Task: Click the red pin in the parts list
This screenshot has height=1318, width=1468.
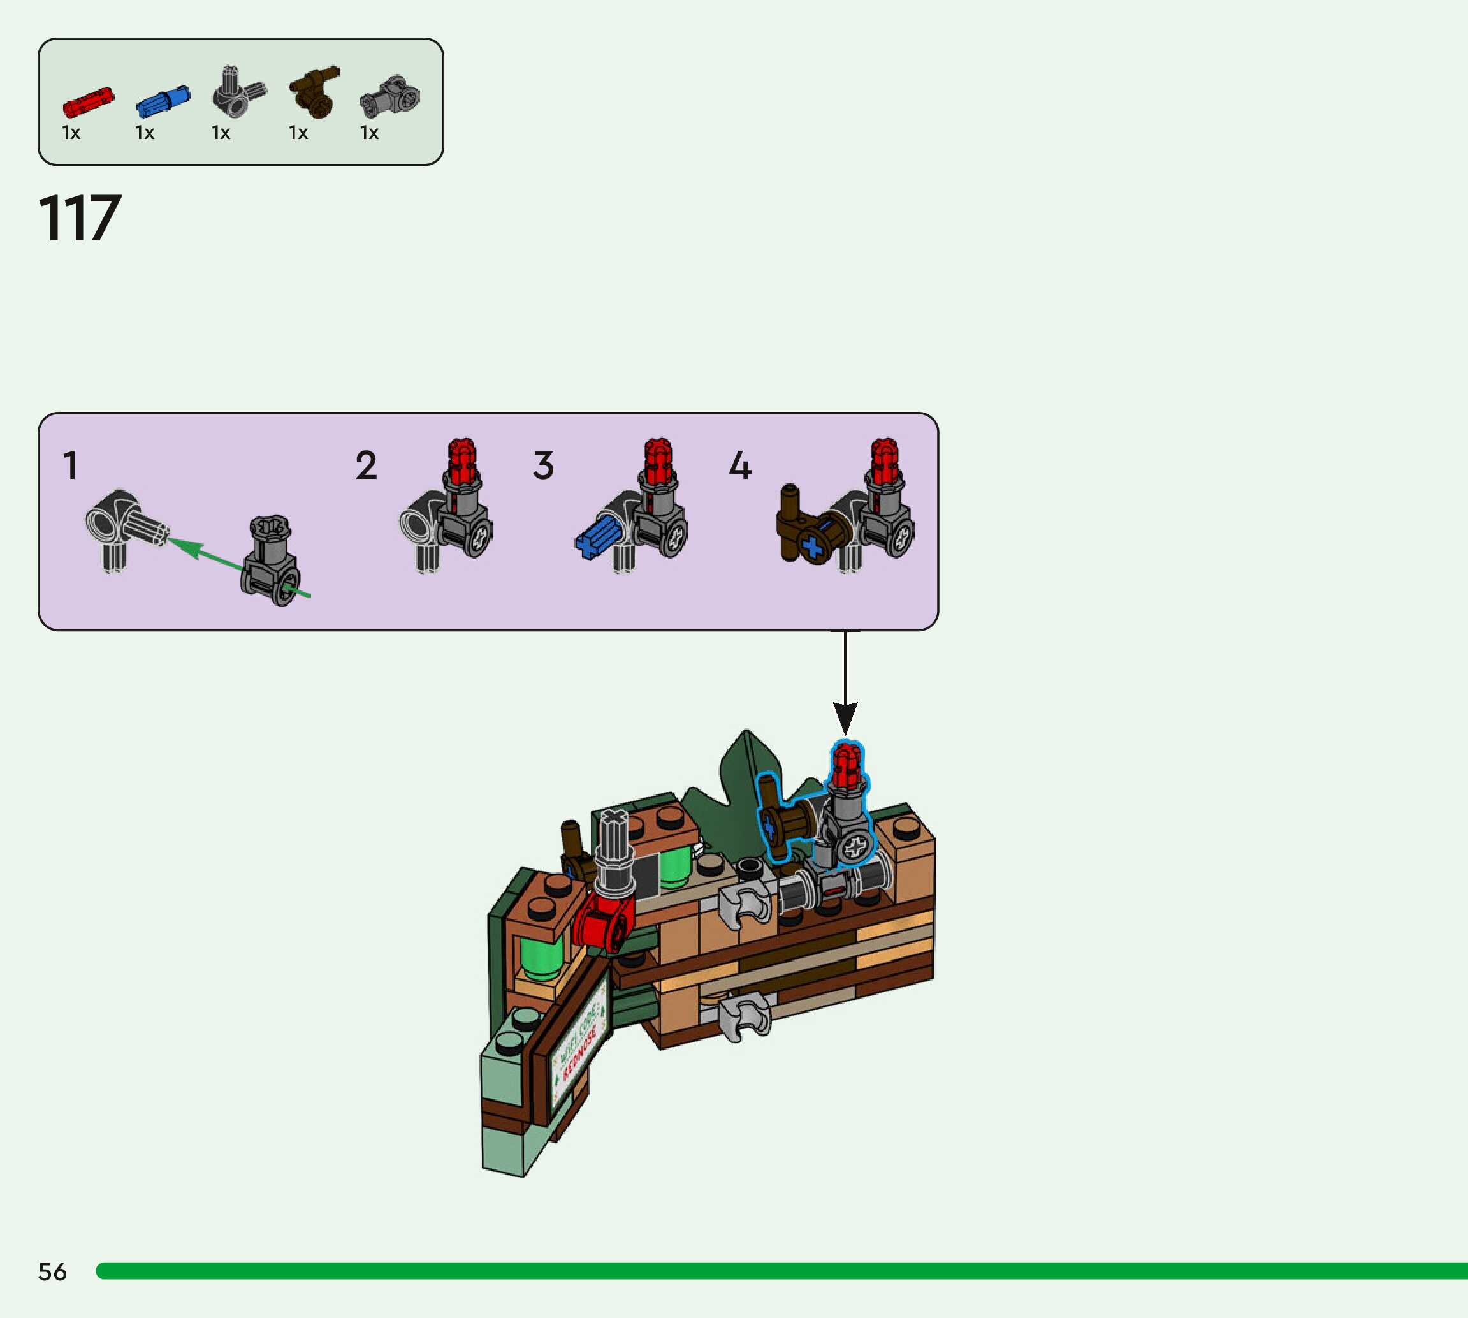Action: (89, 102)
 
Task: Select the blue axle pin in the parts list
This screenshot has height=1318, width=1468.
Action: (163, 101)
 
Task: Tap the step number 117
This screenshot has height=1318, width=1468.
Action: (80, 218)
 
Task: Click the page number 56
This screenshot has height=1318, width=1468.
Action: (52, 1271)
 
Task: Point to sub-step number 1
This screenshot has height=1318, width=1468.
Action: (70, 465)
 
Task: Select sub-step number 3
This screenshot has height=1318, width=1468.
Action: (543, 465)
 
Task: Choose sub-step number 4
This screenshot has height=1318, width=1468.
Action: (740, 465)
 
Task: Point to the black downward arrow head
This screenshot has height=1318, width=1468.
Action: (845, 717)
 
